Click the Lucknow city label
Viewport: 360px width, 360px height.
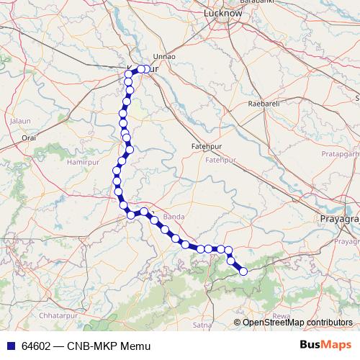(222, 13)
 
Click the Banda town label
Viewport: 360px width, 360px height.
(174, 216)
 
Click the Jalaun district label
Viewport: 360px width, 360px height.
(20, 121)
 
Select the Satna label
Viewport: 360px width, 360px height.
(202, 325)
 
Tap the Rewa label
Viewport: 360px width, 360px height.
(282, 316)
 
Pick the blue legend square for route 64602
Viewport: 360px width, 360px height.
(9, 346)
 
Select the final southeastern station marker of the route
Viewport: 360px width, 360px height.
(243, 271)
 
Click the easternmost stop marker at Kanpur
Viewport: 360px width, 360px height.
(147, 69)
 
